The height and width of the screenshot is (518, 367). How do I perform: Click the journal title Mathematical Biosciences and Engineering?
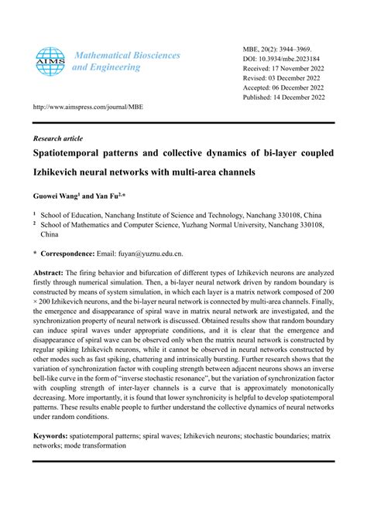[x=125, y=61]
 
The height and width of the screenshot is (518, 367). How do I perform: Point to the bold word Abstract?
[x=48, y=273]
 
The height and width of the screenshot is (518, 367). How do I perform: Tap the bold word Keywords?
[x=51, y=436]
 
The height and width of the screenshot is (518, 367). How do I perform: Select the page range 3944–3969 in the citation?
[x=295, y=47]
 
